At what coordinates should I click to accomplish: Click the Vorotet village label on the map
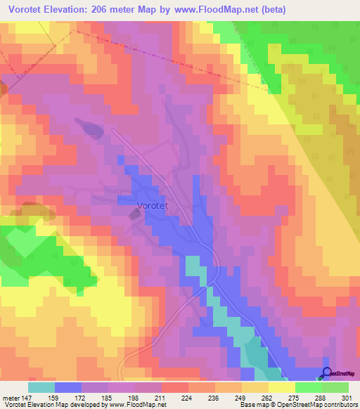[154, 207]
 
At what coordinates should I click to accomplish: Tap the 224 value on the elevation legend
[187, 398]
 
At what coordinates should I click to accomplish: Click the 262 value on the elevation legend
[268, 398]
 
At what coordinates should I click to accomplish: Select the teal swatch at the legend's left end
[41, 387]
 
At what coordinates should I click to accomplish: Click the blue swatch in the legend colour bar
[68, 387]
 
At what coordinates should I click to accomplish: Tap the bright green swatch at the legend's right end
[335, 387]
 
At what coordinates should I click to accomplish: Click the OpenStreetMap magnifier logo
[326, 373]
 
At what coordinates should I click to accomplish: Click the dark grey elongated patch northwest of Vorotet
[91, 129]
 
